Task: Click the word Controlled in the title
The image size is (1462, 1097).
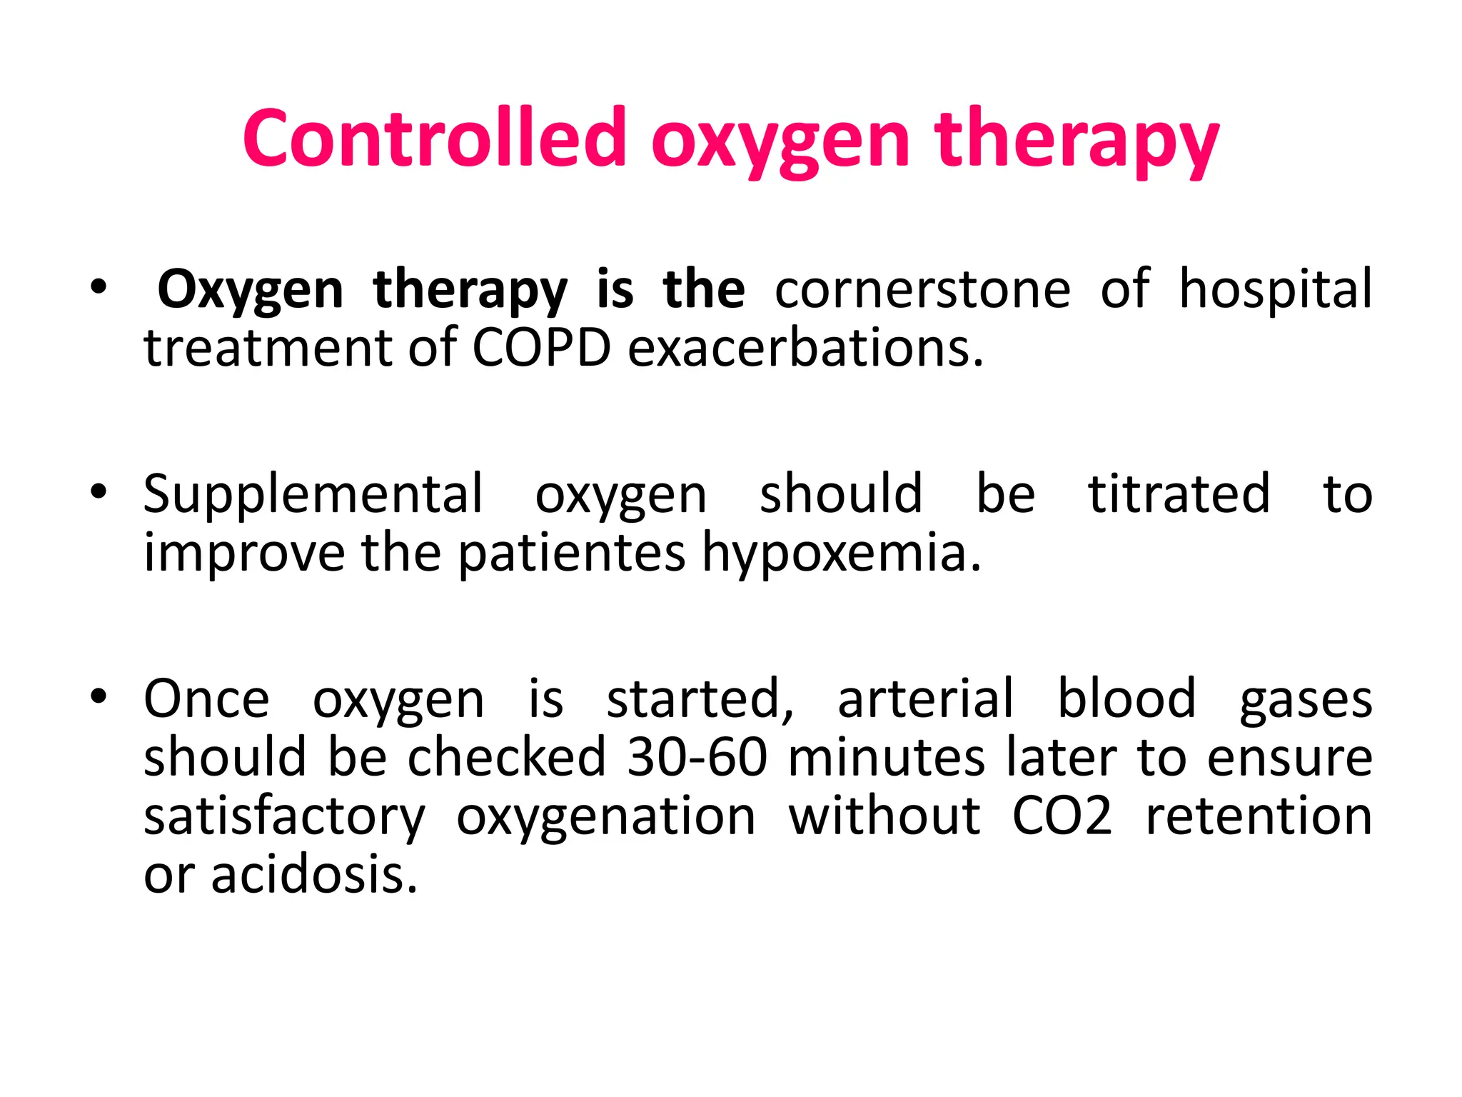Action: (x=434, y=138)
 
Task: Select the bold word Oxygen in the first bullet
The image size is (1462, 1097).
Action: (x=250, y=291)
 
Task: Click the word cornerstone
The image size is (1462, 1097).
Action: (x=922, y=289)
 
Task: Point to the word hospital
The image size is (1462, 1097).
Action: (x=1275, y=289)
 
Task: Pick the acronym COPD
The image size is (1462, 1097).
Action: (x=541, y=349)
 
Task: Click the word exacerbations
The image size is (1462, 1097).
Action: (x=805, y=349)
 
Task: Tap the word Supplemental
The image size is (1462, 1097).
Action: (x=313, y=494)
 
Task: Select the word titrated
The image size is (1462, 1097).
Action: (x=1179, y=494)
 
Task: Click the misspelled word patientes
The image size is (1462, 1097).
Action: (x=571, y=553)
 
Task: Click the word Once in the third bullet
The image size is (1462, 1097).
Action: (x=206, y=698)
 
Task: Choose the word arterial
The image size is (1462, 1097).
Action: (x=925, y=698)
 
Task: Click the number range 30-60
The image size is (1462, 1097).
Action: (x=697, y=757)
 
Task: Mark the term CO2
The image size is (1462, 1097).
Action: (x=1062, y=816)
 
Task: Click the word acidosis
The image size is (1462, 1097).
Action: (x=314, y=875)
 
